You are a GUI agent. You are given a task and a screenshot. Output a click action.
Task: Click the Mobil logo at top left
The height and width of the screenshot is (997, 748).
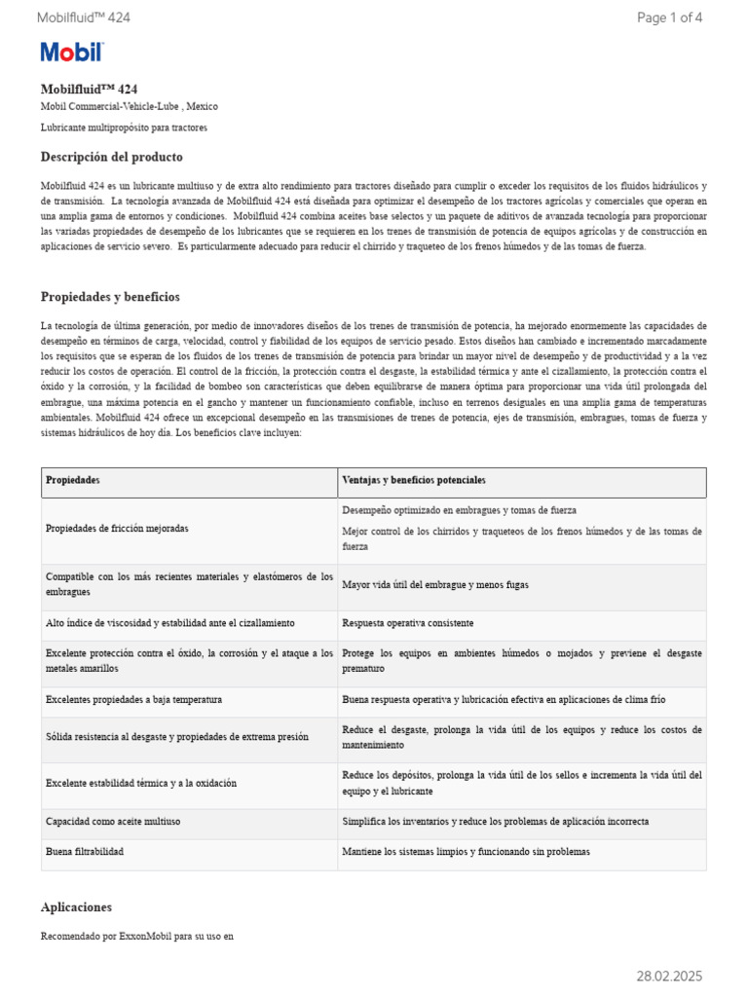(x=71, y=53)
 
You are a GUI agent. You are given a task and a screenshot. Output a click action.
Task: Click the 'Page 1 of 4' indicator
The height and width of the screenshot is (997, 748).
(x=669, y=18)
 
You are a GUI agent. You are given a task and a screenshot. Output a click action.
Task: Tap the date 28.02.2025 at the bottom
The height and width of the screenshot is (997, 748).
(x=669, y=976)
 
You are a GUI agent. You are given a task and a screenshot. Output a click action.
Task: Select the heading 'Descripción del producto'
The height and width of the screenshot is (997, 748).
(x=111, y=157)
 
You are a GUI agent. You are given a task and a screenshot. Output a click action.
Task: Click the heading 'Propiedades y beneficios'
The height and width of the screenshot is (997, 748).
(x=110, y=297)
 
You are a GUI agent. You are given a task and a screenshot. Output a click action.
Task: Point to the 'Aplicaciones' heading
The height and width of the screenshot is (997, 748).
(x=76, y=906)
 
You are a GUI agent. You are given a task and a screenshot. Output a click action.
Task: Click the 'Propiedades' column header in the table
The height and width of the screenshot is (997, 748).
(x=73, y=481)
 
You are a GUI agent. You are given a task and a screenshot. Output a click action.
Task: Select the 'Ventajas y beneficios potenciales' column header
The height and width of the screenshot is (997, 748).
(x=414, y=481)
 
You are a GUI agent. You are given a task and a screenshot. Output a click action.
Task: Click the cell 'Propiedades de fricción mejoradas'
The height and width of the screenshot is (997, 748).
(x=117, y=528)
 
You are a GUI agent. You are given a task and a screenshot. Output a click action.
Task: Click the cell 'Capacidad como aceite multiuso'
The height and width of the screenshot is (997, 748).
(x=113, y=822)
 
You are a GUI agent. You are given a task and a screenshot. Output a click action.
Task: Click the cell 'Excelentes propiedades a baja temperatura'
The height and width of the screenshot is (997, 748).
(x=133, y=699)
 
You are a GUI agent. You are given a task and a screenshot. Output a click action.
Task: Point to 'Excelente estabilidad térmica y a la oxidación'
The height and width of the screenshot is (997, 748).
(x=141, y=783)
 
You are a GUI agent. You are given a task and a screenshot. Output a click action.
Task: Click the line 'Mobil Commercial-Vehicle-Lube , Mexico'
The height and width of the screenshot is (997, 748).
(x=129, y=106)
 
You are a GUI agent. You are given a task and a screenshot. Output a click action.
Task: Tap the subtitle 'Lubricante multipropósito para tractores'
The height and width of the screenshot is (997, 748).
(x=124, y=128)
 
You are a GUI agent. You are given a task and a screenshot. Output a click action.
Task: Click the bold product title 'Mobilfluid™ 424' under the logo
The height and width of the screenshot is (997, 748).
(x=89, y=89)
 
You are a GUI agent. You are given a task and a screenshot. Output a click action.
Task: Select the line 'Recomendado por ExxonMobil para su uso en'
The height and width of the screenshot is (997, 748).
(x=137, y=937)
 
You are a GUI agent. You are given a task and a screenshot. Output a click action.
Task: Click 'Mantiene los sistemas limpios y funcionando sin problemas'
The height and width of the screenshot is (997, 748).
(x=466, y=852)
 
